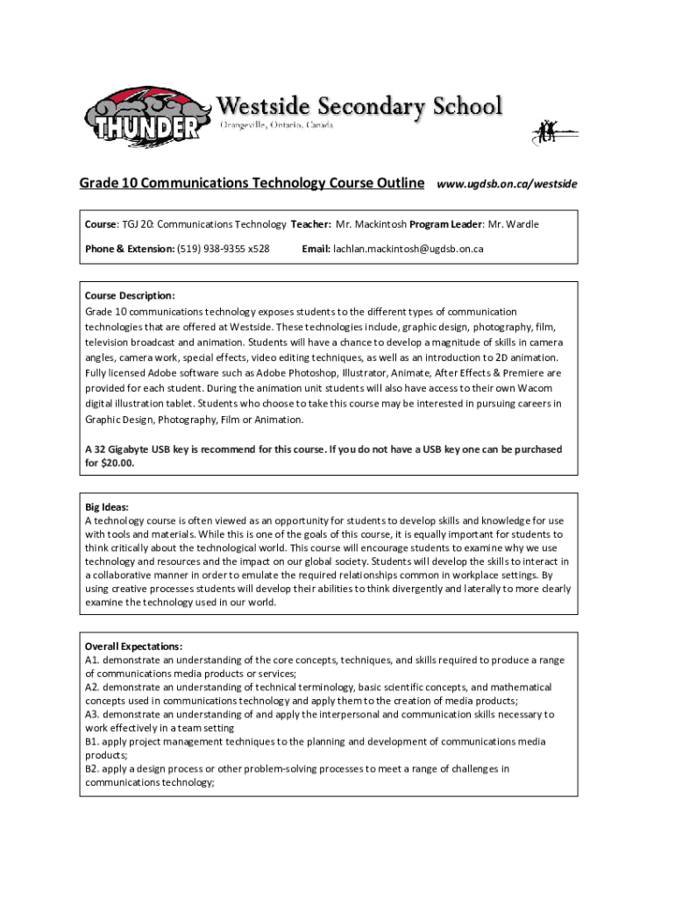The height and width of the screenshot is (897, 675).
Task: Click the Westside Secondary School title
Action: click(x=359, y=107)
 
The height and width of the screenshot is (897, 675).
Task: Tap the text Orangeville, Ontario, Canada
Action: click(x=275, y=126)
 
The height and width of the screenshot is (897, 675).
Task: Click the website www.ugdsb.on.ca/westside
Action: click(x=507, y=184)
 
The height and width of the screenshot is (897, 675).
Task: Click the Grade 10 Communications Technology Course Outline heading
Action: click(x=252, y=183)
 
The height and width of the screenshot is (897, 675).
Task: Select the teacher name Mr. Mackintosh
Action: click(x=371, y=224)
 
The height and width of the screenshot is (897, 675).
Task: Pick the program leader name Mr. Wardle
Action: click(x=513, y=224)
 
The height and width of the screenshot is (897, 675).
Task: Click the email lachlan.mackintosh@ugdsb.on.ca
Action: click(x=407, y=249)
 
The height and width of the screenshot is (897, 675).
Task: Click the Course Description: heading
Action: click(x=130, y=296)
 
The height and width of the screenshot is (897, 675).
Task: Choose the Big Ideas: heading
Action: click(x=107, y=507)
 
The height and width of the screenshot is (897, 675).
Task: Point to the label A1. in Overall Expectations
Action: click(x=92, y=660)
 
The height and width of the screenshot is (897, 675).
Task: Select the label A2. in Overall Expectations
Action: click(x=92, y=688)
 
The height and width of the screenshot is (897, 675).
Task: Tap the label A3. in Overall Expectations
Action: click(x=92, y=715)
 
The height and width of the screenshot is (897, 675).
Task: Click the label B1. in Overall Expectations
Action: click(x=92, y=742)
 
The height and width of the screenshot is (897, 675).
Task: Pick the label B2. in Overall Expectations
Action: click(x=92, y=769)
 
